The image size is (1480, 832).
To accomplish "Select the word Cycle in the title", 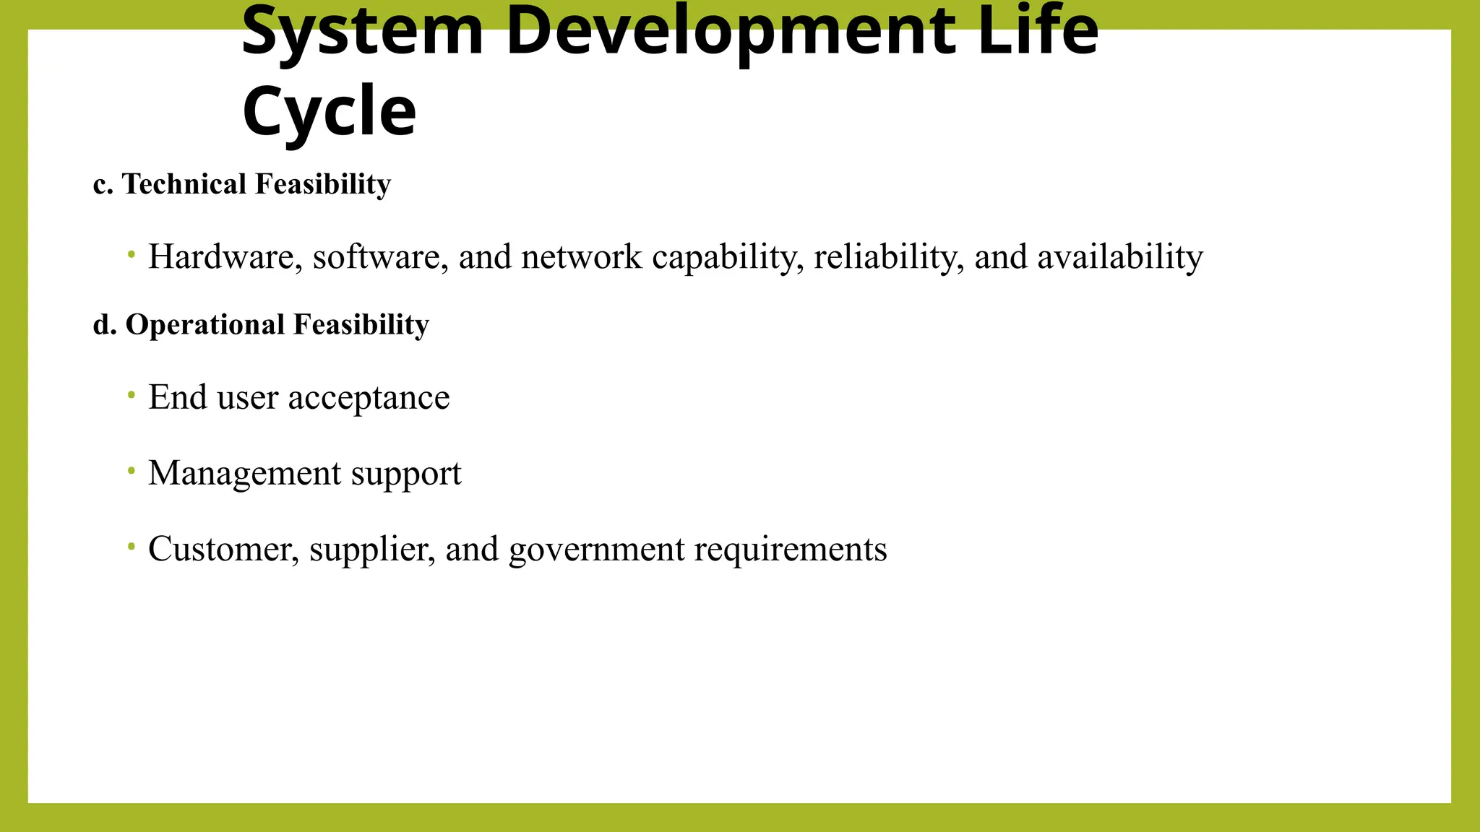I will coord(330,111).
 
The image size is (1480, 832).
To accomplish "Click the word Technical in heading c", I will coord(184,184).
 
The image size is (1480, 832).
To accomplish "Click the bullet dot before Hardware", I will coord(131,254).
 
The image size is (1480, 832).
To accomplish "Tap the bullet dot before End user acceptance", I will coord(131,394).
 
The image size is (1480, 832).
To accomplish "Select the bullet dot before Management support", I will coord(131,471).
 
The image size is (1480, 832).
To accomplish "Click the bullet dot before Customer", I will coord(131,547).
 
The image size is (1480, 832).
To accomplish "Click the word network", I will coord(581,257).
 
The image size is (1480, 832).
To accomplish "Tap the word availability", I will coord(1120,257).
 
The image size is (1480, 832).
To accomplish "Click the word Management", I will coord(245,474).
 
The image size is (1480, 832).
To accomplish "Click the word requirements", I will coord(791,550).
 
